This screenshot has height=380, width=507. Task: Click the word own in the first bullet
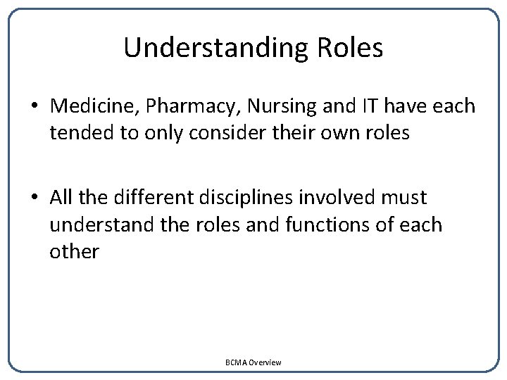click(334, 132)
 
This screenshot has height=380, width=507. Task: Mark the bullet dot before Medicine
click(35, 107)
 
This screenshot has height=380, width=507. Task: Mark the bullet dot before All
click(35, 198)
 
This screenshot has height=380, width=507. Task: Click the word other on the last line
click(74, 251)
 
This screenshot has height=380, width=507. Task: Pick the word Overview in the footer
click(265, 362)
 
